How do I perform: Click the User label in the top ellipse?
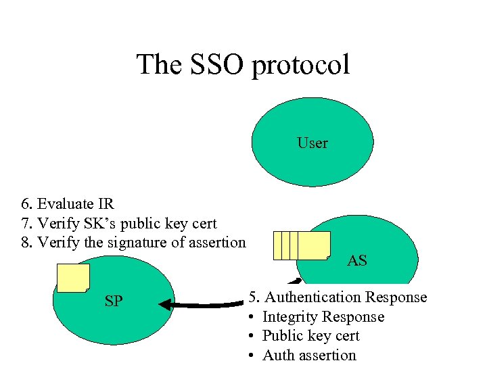[x=312, y=143]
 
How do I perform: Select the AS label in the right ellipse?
[x=356, y=260]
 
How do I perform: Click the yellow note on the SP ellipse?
[x=73, y=278]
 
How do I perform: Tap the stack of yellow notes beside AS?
[x=302, y=245]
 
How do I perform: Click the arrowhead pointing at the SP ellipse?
[x=165, y=305]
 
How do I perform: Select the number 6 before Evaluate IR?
[x=25, y=204]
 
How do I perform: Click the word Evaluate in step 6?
[x=66, y=204]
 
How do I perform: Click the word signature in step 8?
[x=129, y=242]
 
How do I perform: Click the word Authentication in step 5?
[x=312, y=297]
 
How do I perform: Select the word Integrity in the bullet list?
[x=289, y=317]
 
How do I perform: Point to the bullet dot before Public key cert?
[x=251, y=337]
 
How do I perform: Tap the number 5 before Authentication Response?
[x=253, y=297]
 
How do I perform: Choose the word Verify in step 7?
[x=57, y=223]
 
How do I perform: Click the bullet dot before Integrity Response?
[x=251, y=317]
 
